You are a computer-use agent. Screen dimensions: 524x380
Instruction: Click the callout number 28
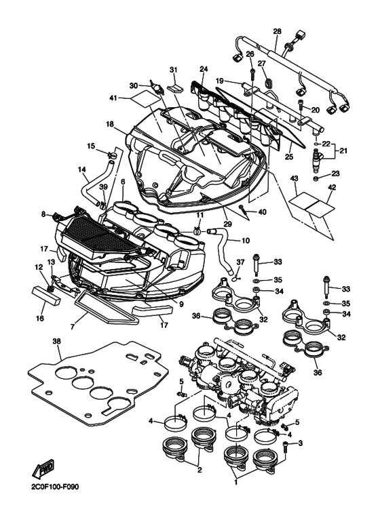(277, 32)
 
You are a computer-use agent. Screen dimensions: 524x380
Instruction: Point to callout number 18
(109, 124)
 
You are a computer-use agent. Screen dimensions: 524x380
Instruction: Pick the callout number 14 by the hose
(82, 169)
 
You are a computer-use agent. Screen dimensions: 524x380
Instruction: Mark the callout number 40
(262, 212)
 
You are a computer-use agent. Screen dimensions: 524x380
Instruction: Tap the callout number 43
(294, 178)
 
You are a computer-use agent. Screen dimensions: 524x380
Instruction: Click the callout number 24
(204, 68)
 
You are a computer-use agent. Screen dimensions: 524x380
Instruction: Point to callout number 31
(172, 70)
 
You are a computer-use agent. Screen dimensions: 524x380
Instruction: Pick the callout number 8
(44, 214)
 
